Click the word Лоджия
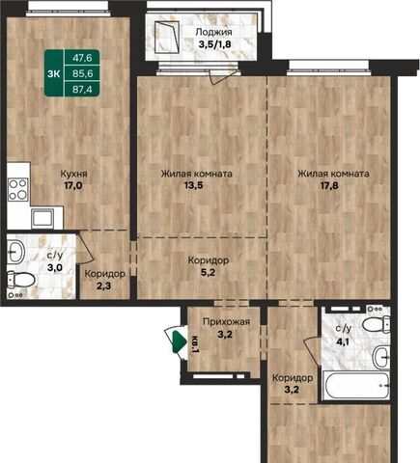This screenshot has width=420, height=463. point(213,33)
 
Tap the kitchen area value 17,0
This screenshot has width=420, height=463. point(73,186)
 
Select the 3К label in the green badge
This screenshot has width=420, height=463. point(54,73)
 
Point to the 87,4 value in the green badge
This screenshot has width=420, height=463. point(82,89)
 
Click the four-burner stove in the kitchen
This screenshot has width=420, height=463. point(18,189)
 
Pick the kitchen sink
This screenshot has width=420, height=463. point(42,218)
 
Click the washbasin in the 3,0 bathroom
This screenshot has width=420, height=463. point(15,252)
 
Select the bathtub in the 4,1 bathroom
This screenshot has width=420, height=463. point(356,385)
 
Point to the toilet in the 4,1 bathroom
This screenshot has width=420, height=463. point(377,323)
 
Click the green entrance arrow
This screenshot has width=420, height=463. point(180,342)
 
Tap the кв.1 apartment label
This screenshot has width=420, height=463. point(195,344)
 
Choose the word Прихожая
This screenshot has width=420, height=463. point(226,321)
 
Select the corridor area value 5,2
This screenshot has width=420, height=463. point(209,273)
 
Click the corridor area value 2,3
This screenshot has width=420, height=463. point(103,286)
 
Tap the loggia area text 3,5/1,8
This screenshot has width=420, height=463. point(214,44)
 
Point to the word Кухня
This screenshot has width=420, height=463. point(74,174)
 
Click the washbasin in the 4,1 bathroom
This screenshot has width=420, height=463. point(381,357)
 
